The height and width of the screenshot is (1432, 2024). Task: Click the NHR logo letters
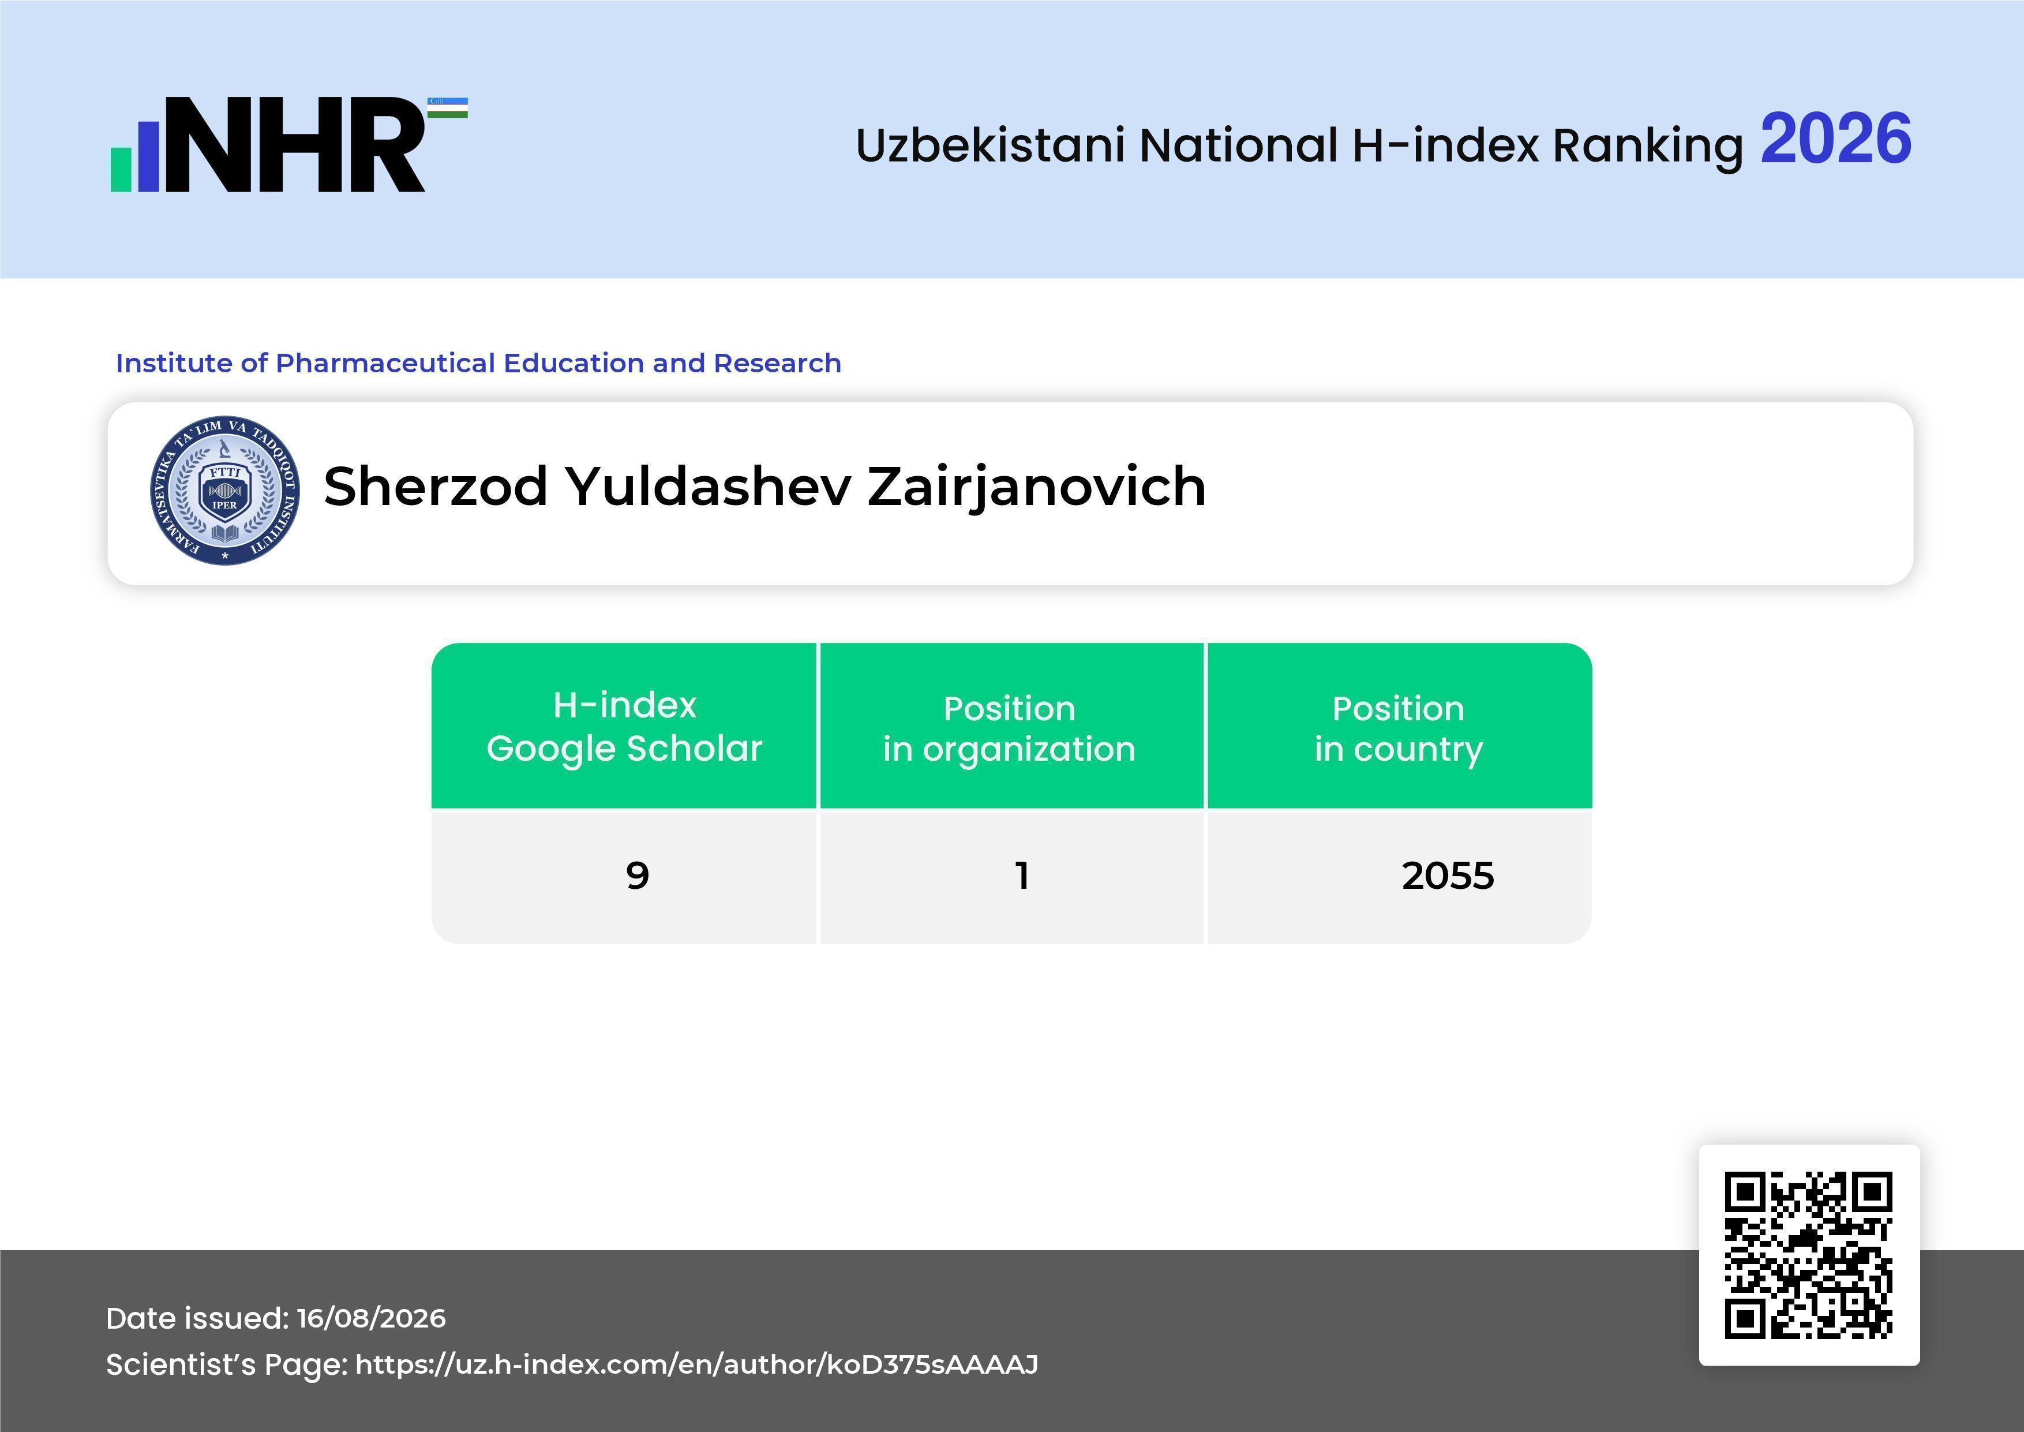pos(295,145)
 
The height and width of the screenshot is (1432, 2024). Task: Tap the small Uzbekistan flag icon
pos(448,107)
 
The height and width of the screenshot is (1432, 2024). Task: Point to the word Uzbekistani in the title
pos(990,145)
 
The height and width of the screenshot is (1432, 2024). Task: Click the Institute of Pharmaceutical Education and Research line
pos(479,362)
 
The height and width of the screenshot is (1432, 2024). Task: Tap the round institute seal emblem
pos(225,490)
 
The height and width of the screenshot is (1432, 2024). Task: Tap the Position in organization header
pos(1009,728)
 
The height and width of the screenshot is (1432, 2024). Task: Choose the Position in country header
pos(1398,728)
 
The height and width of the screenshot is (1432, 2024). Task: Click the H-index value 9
pos(638,876)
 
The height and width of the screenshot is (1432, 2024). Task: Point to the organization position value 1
pos(1022,876)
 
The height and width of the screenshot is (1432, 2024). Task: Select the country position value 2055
pos(1448,876)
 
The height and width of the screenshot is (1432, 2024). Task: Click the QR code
pos(1809,1255)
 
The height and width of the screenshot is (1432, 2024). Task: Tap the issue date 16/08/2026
pos(371,1318)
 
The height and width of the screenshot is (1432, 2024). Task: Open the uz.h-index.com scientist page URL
pos(696,1364)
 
